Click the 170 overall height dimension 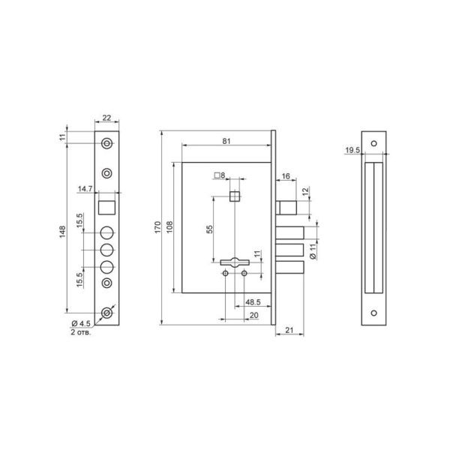click(x=157, y=227)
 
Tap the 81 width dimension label click(x=226, y=141)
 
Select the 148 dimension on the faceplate click(x=62, y=232)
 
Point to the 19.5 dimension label click(x=352, y=150)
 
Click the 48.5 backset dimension click(x=253, y=302)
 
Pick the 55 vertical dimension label click(x=210, y=229)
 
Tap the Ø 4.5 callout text click(x=81, y=323)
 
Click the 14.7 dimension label click(x=85, y=189)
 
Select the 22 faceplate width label click(x=106, y=118)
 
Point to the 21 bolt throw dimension click(x=289, y=330)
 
